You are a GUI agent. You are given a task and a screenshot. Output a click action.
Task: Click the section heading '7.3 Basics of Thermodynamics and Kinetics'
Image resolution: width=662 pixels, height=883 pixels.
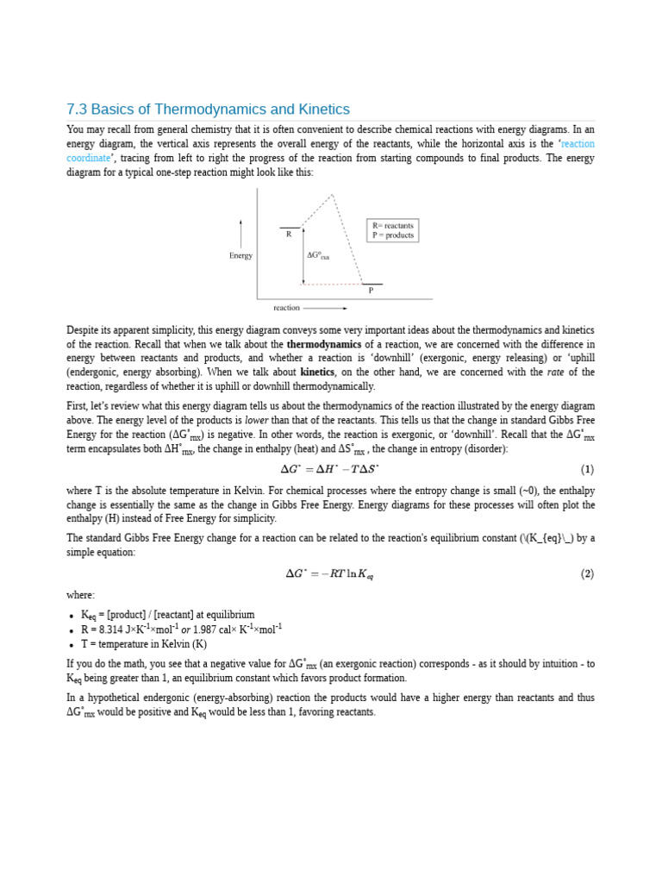(x=208, y=110)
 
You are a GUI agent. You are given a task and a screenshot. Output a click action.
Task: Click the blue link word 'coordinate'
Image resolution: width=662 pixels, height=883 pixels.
(x=88, y=158)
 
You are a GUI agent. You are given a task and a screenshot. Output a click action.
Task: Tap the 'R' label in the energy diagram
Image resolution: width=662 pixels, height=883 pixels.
(x=289, y=234)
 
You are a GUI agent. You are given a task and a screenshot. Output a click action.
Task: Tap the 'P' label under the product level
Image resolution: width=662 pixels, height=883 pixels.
(x=371, y=291)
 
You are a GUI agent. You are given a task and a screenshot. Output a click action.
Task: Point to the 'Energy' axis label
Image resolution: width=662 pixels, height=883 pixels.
(x=240, y=255)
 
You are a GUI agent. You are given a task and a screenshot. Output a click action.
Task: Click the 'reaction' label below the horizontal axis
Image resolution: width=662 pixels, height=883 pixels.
(x=286, y=308)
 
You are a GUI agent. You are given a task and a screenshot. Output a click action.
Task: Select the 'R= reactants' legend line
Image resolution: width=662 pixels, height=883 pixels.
(x=392, y=225)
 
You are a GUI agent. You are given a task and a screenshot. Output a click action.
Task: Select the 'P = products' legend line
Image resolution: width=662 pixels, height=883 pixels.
(x=392, y=235)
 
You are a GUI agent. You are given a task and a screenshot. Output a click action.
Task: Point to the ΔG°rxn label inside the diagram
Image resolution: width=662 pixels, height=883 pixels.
(x=318, y=255)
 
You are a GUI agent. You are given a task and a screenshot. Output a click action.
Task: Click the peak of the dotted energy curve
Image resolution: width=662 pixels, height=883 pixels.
(x=333, y=195)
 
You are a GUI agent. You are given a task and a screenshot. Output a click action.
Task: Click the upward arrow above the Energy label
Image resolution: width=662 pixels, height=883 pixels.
(x=240, y=233)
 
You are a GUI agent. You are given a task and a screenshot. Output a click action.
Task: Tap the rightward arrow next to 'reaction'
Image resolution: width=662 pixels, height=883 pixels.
(x=325, y=308)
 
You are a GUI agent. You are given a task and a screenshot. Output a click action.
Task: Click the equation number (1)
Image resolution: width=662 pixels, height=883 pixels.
(x=587, y=470)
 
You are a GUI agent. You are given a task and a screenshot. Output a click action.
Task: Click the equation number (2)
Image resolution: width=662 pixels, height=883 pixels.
(x=587, y=574)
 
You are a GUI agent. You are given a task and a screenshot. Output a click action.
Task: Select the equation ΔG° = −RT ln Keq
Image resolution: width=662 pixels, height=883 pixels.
(x=329, y=574)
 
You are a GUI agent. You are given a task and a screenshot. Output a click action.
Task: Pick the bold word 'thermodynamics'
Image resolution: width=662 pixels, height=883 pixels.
(x=323, y=344)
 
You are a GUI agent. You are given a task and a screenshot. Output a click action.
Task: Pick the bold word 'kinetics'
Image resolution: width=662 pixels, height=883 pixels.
(x=316, y=373)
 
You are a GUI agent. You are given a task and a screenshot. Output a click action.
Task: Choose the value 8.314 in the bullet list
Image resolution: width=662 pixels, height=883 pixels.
(x=114, y=629)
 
